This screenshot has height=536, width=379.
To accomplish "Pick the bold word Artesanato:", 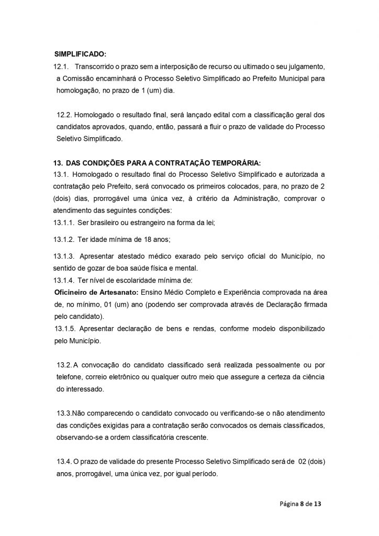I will click(x=118, y=291).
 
